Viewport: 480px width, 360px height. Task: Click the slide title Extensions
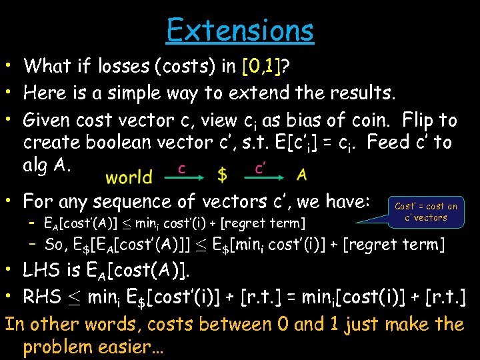pos(240,29)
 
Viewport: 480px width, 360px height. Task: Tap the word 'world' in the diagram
pos(129,177)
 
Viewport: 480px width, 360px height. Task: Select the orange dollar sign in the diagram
pos(222,175)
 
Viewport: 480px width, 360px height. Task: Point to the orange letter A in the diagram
pos(301,175)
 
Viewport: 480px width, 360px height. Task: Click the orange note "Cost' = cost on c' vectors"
pos(426,212)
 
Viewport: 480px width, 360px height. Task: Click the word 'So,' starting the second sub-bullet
pos(55,244)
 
